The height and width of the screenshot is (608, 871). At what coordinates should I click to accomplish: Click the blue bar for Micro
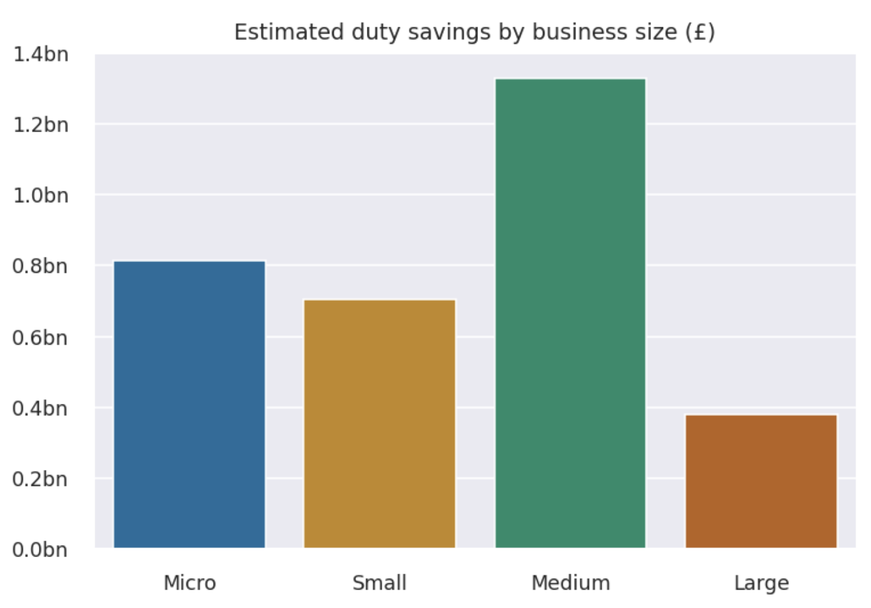click(x=189, y=404)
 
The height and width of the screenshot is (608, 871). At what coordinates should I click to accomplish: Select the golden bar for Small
click(x=380, y=424)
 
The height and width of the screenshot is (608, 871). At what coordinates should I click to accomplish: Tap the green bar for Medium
click(x=570, y=313)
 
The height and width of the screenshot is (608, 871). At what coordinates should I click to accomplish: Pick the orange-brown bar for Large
click(x=761, y=481)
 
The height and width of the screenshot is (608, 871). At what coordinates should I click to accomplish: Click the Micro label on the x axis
click(x=189, y=583)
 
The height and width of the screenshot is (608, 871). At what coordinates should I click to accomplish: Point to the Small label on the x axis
click(x=380, y=583)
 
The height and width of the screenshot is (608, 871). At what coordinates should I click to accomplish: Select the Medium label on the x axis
click(x=570, y=583)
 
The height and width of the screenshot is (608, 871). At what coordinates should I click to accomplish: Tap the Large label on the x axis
click(x=761, y=583)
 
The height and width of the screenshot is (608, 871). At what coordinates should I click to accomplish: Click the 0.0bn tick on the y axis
click(x=39, y=549)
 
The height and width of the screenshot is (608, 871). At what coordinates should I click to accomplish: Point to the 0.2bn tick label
click(x=39, y=479)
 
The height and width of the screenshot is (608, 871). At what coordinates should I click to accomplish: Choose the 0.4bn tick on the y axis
click(x=39, y=408)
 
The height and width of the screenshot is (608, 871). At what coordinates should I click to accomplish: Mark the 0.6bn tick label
click(x=39, y=338)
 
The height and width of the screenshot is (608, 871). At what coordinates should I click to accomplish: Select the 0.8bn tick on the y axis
click(x=39, y=266)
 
